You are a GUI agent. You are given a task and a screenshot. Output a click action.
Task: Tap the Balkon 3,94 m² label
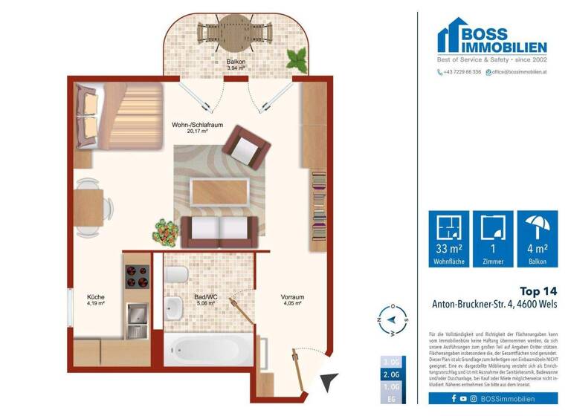(236, 65)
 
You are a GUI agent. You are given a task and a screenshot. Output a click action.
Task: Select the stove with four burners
(137, 276)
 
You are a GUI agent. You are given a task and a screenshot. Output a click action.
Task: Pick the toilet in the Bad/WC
(176, 276)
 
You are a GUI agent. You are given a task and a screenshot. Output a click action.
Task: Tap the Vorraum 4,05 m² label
(291, 300)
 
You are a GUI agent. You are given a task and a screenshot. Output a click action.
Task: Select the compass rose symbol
(393, 321)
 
